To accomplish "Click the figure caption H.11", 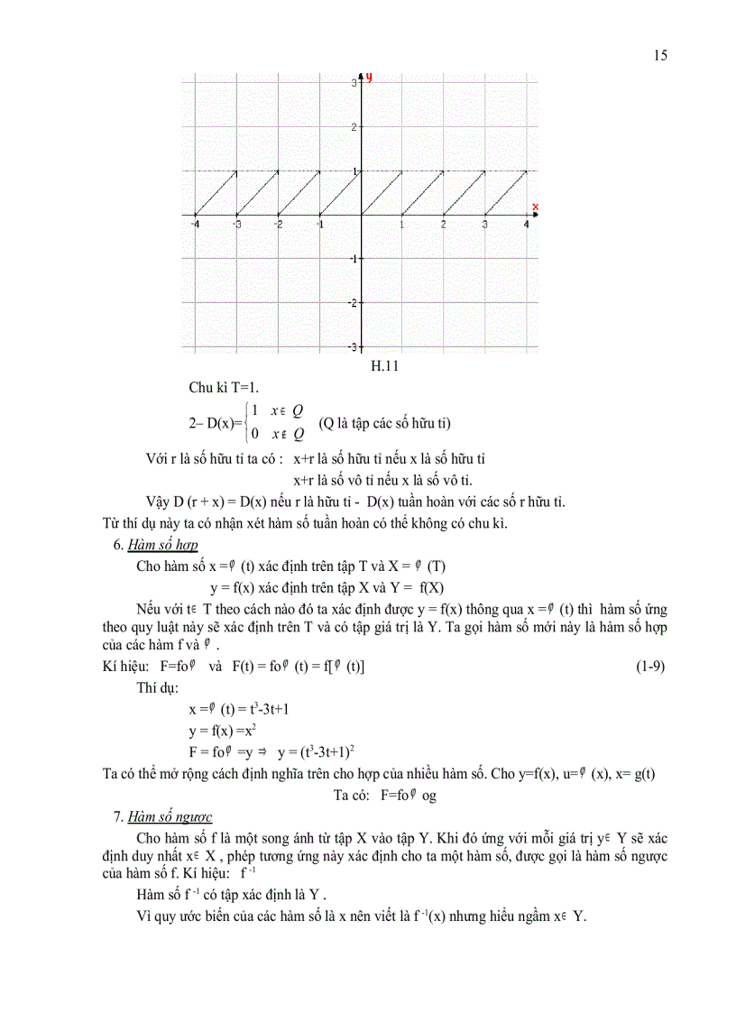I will pos(385,365).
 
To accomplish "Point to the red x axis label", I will pos(535,207).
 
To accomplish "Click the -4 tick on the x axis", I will pos(195,224).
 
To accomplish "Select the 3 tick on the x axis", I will pos(485,224).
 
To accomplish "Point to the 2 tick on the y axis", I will pos(354,126).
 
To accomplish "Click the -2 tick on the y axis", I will pos(352,302).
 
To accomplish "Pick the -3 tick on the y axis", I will pos(352,346).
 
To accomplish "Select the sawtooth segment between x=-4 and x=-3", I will pos(216,193).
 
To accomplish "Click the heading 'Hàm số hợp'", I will pos(162,545).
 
